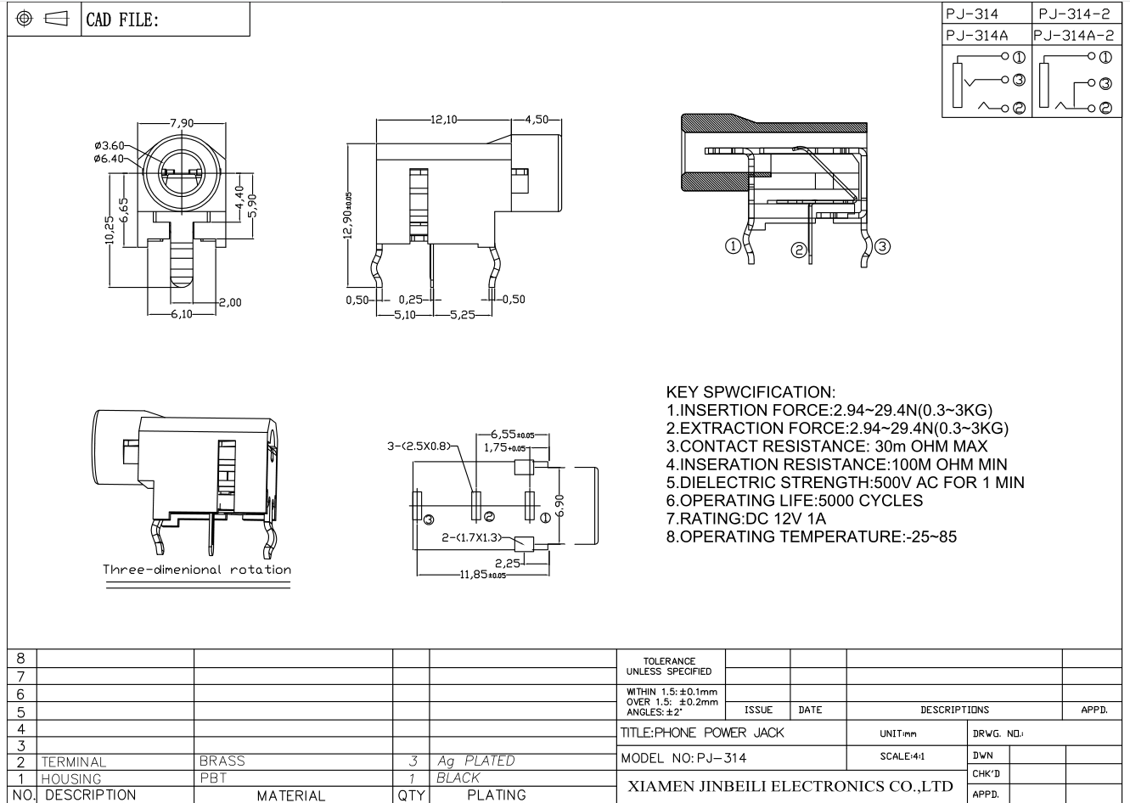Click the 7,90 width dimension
pos(182,122)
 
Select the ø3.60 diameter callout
pos(109,146)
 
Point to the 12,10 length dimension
pos(443,120)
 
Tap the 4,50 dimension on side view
pos(537,120)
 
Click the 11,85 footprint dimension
pos(482,575)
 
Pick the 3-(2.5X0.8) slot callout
pos(419,446)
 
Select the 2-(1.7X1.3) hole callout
pos(472,537)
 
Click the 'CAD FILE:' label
pos(122,20)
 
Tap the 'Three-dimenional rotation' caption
pos(197,570)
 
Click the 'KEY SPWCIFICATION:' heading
pos(751,392)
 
